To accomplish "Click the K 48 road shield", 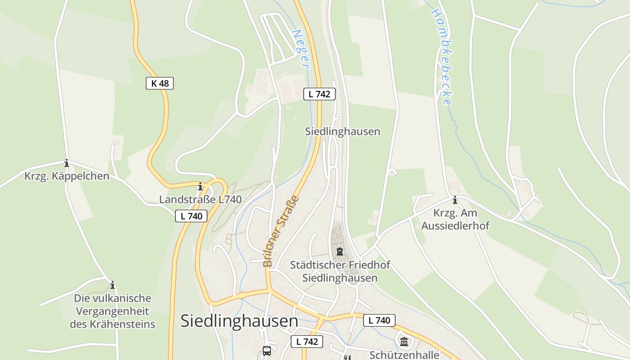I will click(160, 83).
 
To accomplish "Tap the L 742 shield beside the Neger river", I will click(319, 94).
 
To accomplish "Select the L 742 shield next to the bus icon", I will click(307, 342).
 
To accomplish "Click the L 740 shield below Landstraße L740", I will click(191, 216).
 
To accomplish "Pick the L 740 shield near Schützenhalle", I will click(379, 320).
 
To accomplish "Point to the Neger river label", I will click(301, 49).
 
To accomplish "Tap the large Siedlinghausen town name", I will click(239, 321).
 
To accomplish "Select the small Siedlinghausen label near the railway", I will click(342, 131).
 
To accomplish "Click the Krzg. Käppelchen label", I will click(67, 176).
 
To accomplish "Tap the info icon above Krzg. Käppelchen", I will click(67, 163).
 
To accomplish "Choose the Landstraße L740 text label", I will click(200, 199).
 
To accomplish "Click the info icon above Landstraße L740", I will click(200, 186).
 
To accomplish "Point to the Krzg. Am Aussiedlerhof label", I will click(455, 219).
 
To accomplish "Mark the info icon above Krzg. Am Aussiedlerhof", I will click(455, 200).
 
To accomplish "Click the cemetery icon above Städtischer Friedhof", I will click(340, 251).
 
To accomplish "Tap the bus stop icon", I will click(267, 351).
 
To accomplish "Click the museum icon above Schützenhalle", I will click(404, 342).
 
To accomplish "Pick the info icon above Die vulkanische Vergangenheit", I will click(112, 285).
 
